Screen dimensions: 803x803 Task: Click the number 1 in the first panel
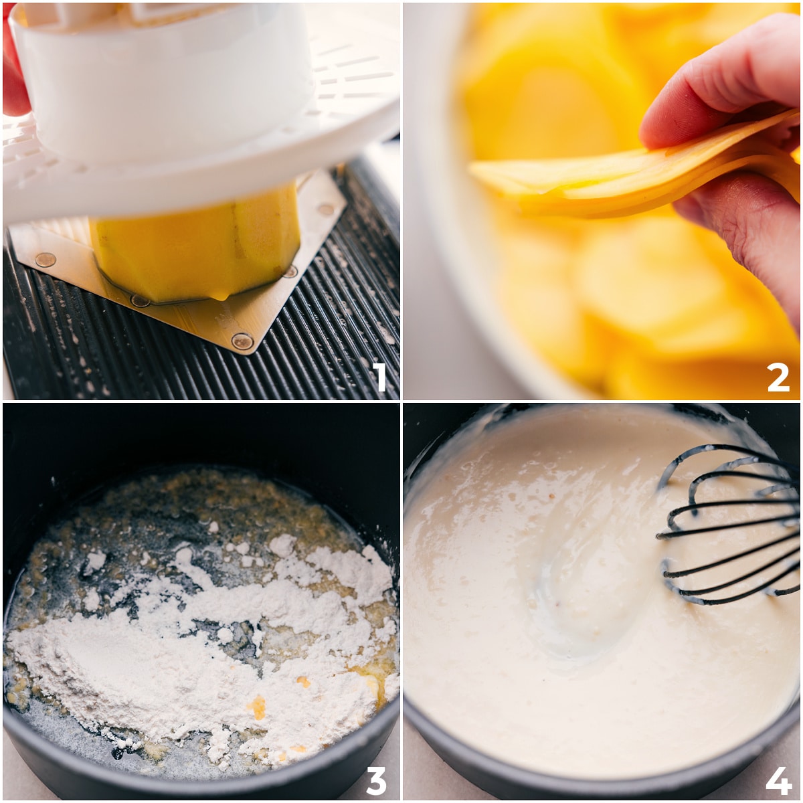(x=380, y=377)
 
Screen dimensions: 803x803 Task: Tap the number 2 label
(x=778, y=377)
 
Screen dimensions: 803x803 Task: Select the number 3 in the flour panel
(x=376, y=780)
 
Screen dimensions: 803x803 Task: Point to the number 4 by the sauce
(x=778, y=780)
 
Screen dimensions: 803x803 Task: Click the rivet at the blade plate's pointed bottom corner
(x=242, y=341)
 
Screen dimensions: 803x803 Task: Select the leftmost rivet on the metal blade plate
(x=45, y=260)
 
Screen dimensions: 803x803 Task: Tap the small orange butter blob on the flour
(x=257, y=706)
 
